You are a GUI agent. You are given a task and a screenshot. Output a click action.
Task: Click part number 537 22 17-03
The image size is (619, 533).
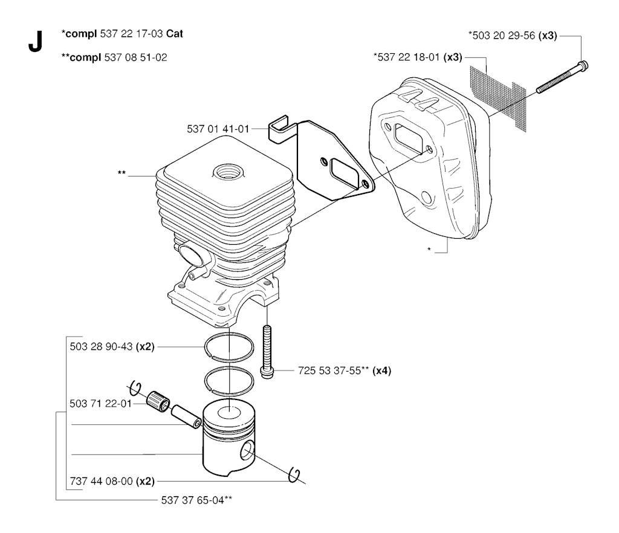(128, 34)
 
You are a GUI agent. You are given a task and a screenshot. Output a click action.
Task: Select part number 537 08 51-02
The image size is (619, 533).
(136, 57)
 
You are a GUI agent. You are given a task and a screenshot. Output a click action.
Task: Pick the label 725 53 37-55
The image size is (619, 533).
(330, 370)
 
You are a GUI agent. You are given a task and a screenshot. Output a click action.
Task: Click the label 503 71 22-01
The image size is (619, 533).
(97, 404)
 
